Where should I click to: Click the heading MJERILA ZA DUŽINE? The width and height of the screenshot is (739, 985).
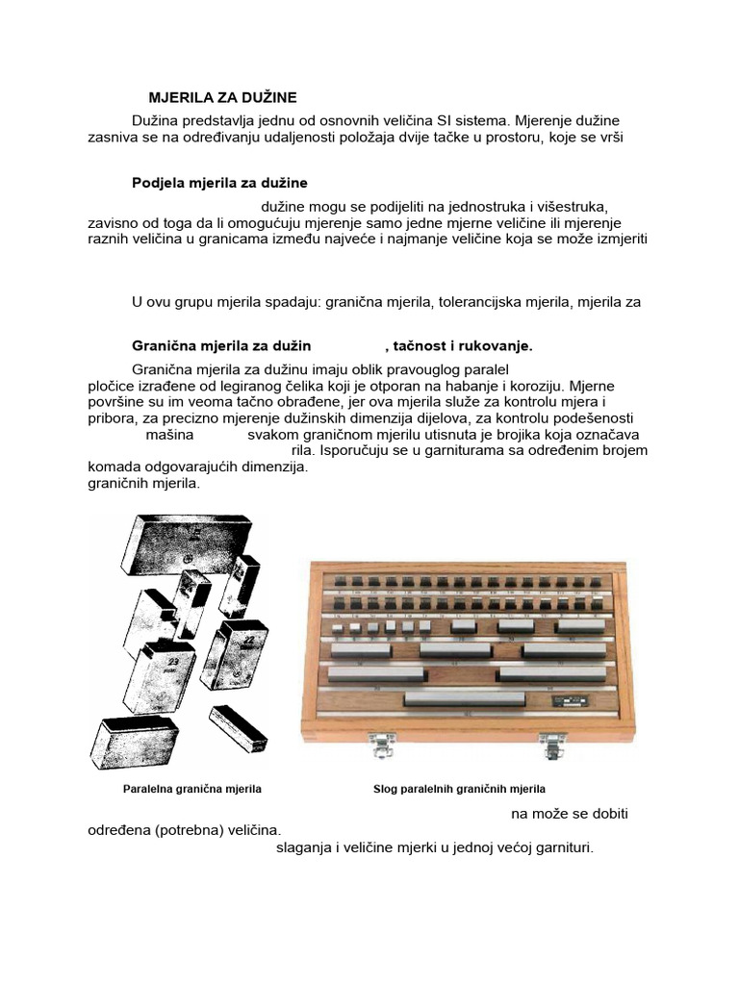click(x=222, y=97)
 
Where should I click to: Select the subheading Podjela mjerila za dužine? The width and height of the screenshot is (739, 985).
click(x=219, y=183)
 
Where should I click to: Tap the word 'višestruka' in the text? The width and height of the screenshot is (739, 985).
click(x=573, y=206)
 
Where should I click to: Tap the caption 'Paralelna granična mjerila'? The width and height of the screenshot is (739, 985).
click(x=192, y=789)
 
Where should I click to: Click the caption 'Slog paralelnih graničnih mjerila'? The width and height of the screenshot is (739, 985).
click(x=459, y=789)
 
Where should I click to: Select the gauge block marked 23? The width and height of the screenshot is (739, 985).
click(x=160, y=679)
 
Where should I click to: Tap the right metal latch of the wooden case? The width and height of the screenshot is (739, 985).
click(x=552, y=744)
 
